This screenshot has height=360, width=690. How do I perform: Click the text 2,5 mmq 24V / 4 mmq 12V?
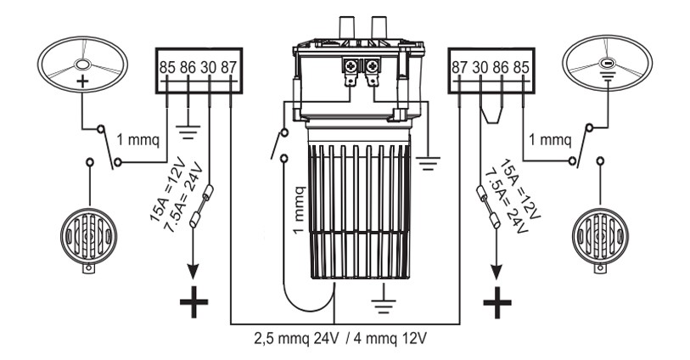pyautogui.click(x=346, y=337)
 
